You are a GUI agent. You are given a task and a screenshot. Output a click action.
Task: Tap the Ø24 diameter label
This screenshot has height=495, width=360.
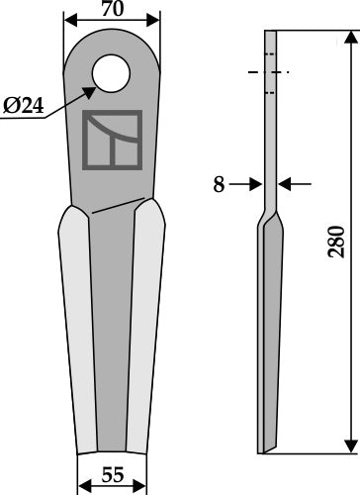(22, 107)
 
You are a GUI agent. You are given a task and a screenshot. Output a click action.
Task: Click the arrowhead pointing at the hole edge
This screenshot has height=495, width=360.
(91, 91)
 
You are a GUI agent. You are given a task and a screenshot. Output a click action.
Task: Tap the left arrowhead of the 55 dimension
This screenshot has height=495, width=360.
(82, 485)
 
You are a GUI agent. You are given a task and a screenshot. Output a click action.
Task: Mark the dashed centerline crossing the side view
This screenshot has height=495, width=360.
(269, 73)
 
